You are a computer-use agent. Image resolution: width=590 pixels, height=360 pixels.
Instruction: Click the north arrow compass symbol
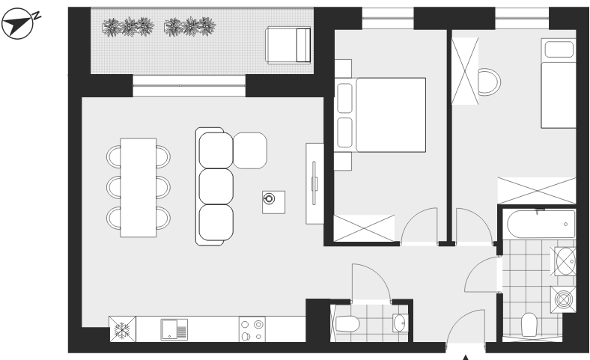coord(18,24)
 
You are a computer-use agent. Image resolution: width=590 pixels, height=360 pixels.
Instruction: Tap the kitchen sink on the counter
coord(174,329)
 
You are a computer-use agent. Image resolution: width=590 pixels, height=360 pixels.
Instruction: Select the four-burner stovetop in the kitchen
coord(252,329)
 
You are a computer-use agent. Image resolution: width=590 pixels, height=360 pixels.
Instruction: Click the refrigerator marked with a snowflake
coord(122,329)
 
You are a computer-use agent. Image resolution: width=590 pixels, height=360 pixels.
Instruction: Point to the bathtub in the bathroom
coord(541,225)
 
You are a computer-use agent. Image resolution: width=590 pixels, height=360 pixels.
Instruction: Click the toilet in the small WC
coord(345,324)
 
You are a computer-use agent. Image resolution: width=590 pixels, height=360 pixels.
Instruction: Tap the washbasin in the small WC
coord(400,323)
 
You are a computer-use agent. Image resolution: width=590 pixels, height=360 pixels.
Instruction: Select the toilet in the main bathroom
coord(529,325)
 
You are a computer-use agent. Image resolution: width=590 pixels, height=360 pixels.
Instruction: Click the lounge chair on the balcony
coord(288,45)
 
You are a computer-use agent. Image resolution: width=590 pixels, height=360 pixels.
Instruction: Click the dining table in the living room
coord(138,188)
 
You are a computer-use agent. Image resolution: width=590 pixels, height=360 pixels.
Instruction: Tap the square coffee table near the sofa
coord(273,202)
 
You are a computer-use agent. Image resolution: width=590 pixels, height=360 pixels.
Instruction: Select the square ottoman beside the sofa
coord(250,150)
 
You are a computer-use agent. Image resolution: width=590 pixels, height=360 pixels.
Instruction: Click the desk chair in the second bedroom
coord(489,82)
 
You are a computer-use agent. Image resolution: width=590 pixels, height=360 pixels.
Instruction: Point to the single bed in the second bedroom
coord(559,83)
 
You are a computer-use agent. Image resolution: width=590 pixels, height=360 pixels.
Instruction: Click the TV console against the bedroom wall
coord(315,183)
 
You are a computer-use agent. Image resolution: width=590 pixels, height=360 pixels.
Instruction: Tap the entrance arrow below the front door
coord(466,357)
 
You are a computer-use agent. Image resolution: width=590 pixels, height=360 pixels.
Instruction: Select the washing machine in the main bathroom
coord(563,299)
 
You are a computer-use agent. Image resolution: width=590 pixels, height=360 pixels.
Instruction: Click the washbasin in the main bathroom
coord(565,261)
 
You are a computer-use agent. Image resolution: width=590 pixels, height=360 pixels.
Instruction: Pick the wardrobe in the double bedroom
coord(364,228)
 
